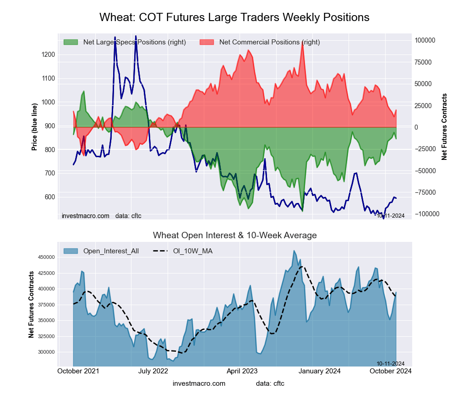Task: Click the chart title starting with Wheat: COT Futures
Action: (x=234, y=17)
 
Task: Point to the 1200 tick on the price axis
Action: (x=49, y=55)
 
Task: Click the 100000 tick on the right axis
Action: (x=425, y=40)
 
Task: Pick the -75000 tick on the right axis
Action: (x=425, y=192)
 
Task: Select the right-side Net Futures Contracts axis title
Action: (x=444, y=126)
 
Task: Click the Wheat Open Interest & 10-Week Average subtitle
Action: (x=234, y=235)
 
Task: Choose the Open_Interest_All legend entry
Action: (x=110, y=251)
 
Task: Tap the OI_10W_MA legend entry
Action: (x=192, y=251)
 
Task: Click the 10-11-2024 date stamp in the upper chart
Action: (x=391, y=216)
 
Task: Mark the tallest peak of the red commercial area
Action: (x=302, y=42)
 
